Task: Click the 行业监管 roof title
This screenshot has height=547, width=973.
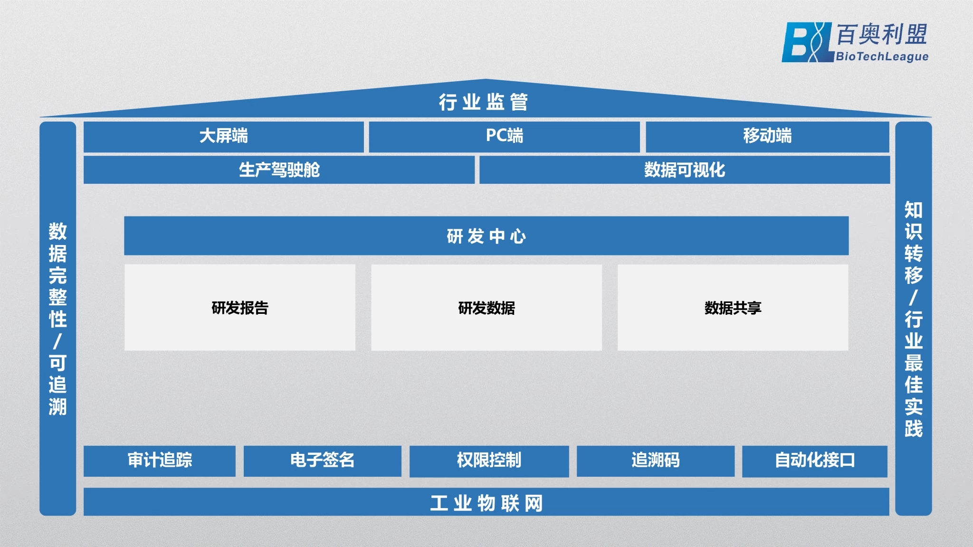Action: coord(483,102)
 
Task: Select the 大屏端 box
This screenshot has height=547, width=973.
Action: coord(224,137)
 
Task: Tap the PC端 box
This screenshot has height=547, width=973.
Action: coord(505,137)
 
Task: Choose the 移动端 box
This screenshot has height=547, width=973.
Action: coord(767,137)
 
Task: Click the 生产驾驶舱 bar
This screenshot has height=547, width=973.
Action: coord(279,170)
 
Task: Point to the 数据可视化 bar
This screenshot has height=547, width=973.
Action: coord(685,170)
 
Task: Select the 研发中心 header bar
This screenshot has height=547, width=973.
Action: coord(486,236)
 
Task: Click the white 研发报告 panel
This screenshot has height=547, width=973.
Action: coord(240,308)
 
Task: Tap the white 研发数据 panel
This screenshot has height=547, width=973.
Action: coord(486,308)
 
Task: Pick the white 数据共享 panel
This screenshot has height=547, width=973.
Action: coord(733,308)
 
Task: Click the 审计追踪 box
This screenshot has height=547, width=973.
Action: coord(160,461)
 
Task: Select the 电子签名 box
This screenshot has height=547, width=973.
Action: coord(323,461)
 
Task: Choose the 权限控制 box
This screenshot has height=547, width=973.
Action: coord(489,461)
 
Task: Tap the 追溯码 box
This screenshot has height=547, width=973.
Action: coord(656,461)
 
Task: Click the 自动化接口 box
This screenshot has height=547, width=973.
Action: coord(815,461)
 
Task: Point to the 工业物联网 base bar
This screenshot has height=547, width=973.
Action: coord(486,502)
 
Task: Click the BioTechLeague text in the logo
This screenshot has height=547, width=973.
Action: coord(882,57)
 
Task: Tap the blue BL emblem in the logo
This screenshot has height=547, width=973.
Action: coord(808,42)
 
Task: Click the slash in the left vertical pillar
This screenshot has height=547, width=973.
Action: coord(57,341)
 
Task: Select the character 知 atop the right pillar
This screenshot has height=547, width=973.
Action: coord(913,210)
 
